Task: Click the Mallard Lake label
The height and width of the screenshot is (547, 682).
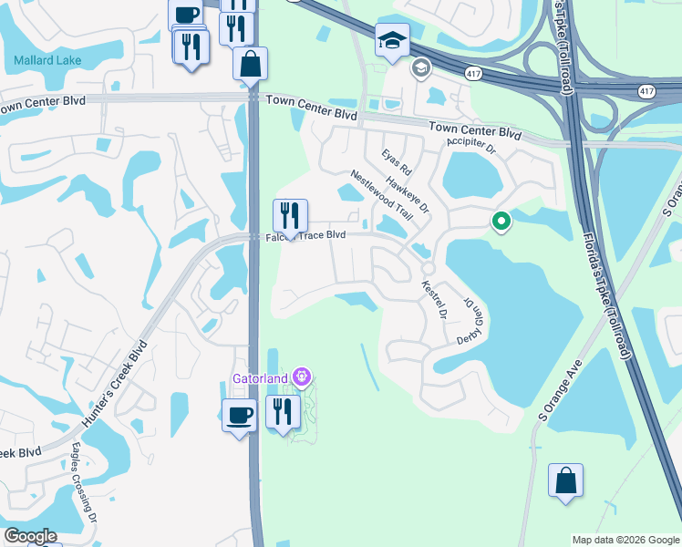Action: [47, 61]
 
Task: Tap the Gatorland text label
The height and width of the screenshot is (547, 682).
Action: [258, 377]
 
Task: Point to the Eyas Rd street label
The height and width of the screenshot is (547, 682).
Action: [398, 162]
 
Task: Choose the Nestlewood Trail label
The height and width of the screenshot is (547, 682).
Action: [382, 196]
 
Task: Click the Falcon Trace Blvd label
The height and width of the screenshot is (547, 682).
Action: [305, 235]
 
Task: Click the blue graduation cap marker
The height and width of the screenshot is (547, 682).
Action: [393, 41]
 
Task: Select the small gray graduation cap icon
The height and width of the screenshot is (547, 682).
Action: [420, 67]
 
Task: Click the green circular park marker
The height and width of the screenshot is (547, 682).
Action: [501, 221]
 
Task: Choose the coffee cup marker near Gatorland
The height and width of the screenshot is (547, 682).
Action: [240, 416]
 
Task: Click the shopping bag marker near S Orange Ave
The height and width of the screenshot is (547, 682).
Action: [565, 480]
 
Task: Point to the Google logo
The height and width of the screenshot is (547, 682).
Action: [30, 536]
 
